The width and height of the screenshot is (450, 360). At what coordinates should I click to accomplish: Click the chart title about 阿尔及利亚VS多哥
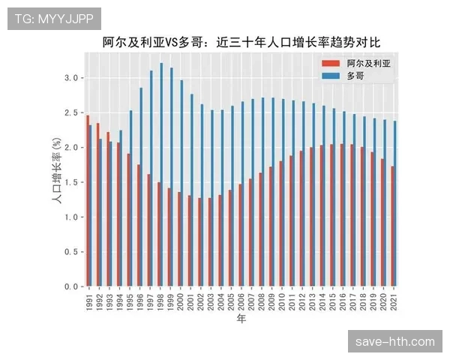[x=241, y=43]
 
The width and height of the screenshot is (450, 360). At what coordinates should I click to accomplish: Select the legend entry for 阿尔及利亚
[x=368, y=64]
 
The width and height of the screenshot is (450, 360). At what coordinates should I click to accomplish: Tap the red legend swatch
[x=330, y=64]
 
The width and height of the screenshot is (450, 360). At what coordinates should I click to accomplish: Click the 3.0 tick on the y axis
[x=70, y=78]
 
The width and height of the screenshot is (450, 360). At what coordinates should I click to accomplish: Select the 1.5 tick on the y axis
[x=70, y=182]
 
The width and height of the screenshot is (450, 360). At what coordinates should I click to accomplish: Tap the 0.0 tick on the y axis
[x=70, y=286]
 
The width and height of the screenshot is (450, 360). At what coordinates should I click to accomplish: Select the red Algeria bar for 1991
[x=88, y=202]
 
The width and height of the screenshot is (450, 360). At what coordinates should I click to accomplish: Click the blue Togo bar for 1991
[x=91, y=206]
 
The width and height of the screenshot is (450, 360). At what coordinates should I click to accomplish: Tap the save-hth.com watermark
[x=395, y=341]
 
